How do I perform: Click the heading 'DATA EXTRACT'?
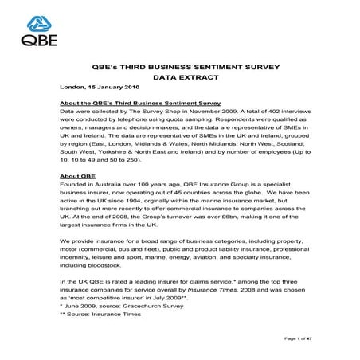click(180, 78)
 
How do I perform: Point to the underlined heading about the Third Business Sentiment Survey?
click(128, 104)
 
